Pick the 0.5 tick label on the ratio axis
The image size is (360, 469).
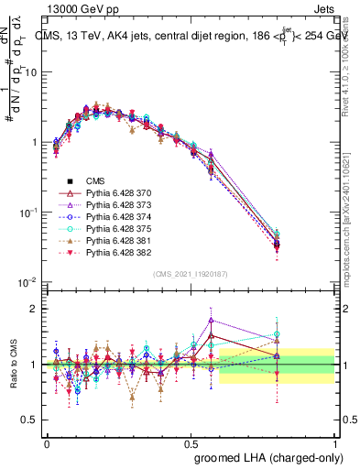point(31,420)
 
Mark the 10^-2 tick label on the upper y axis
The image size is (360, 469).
point(27,282)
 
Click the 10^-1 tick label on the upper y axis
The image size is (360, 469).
point(27,213)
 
